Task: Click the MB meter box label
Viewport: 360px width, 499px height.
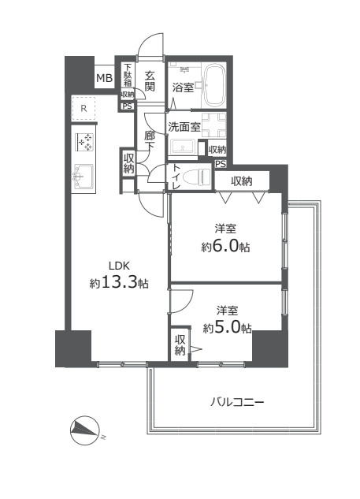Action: [103, 78]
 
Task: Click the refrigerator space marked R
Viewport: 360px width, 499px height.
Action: [84, 109]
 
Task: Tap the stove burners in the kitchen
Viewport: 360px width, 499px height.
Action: [84, 143]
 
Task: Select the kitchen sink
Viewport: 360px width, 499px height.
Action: [84, 174]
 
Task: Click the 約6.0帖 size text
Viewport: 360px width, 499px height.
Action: [225, 246]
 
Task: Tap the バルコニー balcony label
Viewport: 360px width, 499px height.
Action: [236, 402]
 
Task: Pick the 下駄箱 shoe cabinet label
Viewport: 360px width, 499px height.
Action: [127, 76]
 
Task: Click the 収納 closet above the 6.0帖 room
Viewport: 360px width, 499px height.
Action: [241, 181]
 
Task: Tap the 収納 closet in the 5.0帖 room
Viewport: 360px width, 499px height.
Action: [180, 344]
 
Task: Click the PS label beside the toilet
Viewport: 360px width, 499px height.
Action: [220, 165]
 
